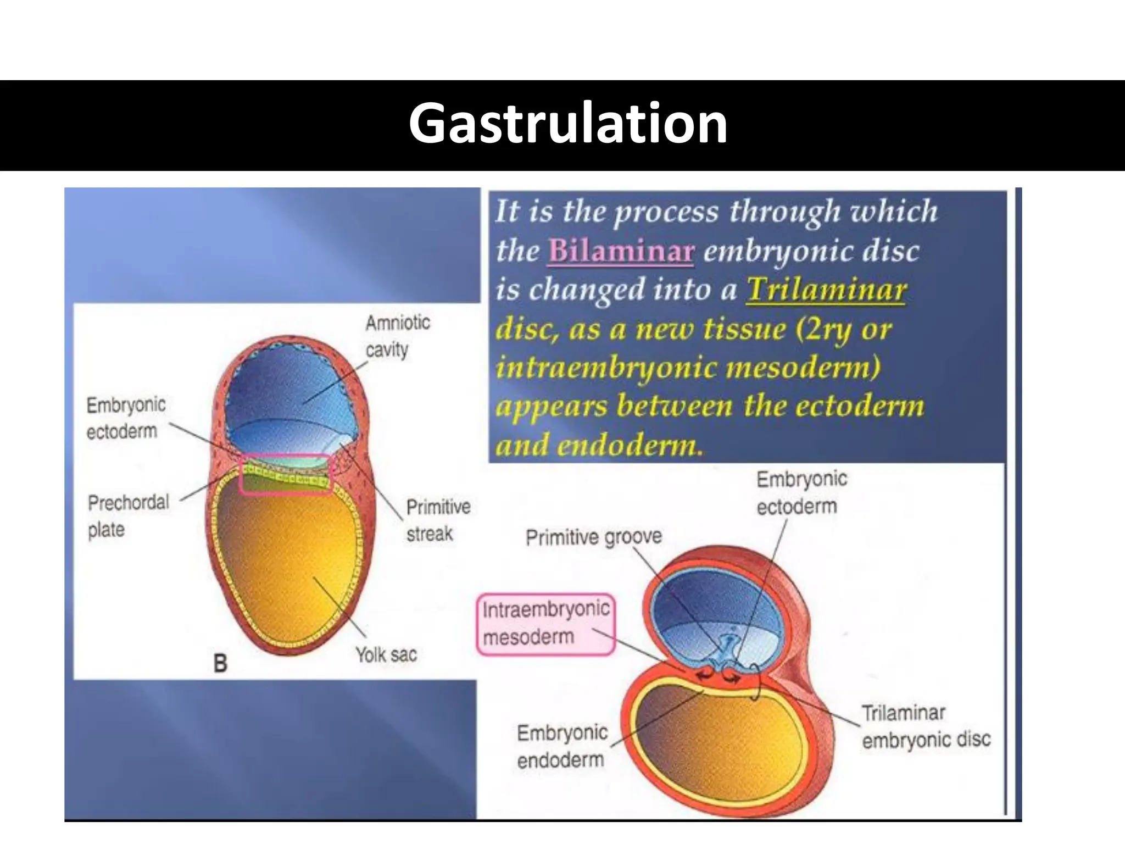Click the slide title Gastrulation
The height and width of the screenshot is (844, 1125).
pos(567,124)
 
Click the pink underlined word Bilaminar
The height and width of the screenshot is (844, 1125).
pos(621,251)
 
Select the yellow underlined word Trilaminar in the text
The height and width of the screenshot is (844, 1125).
pos(826,290)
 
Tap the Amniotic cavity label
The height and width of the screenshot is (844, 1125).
pos(397,336)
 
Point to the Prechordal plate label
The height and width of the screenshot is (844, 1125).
pos(128,515)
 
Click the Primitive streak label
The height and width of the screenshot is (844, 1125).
pos(438,520)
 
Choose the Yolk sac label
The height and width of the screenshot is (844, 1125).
pos(386,655)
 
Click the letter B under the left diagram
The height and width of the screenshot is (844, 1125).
pos(220,663)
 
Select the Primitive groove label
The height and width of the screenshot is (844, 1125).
pos(594,537)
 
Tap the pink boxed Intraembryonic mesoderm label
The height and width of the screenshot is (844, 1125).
pos(546,624)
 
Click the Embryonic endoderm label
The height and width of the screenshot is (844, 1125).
pos(562,746)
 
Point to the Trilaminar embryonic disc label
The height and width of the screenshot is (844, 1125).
pos(926,726)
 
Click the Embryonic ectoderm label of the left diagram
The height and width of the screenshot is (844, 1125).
pos(126,418)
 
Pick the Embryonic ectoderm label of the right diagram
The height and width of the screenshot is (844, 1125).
pos(801,492)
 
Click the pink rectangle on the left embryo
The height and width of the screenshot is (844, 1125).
pos(286,475)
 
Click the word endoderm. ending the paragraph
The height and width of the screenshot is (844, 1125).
pos(630,445)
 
